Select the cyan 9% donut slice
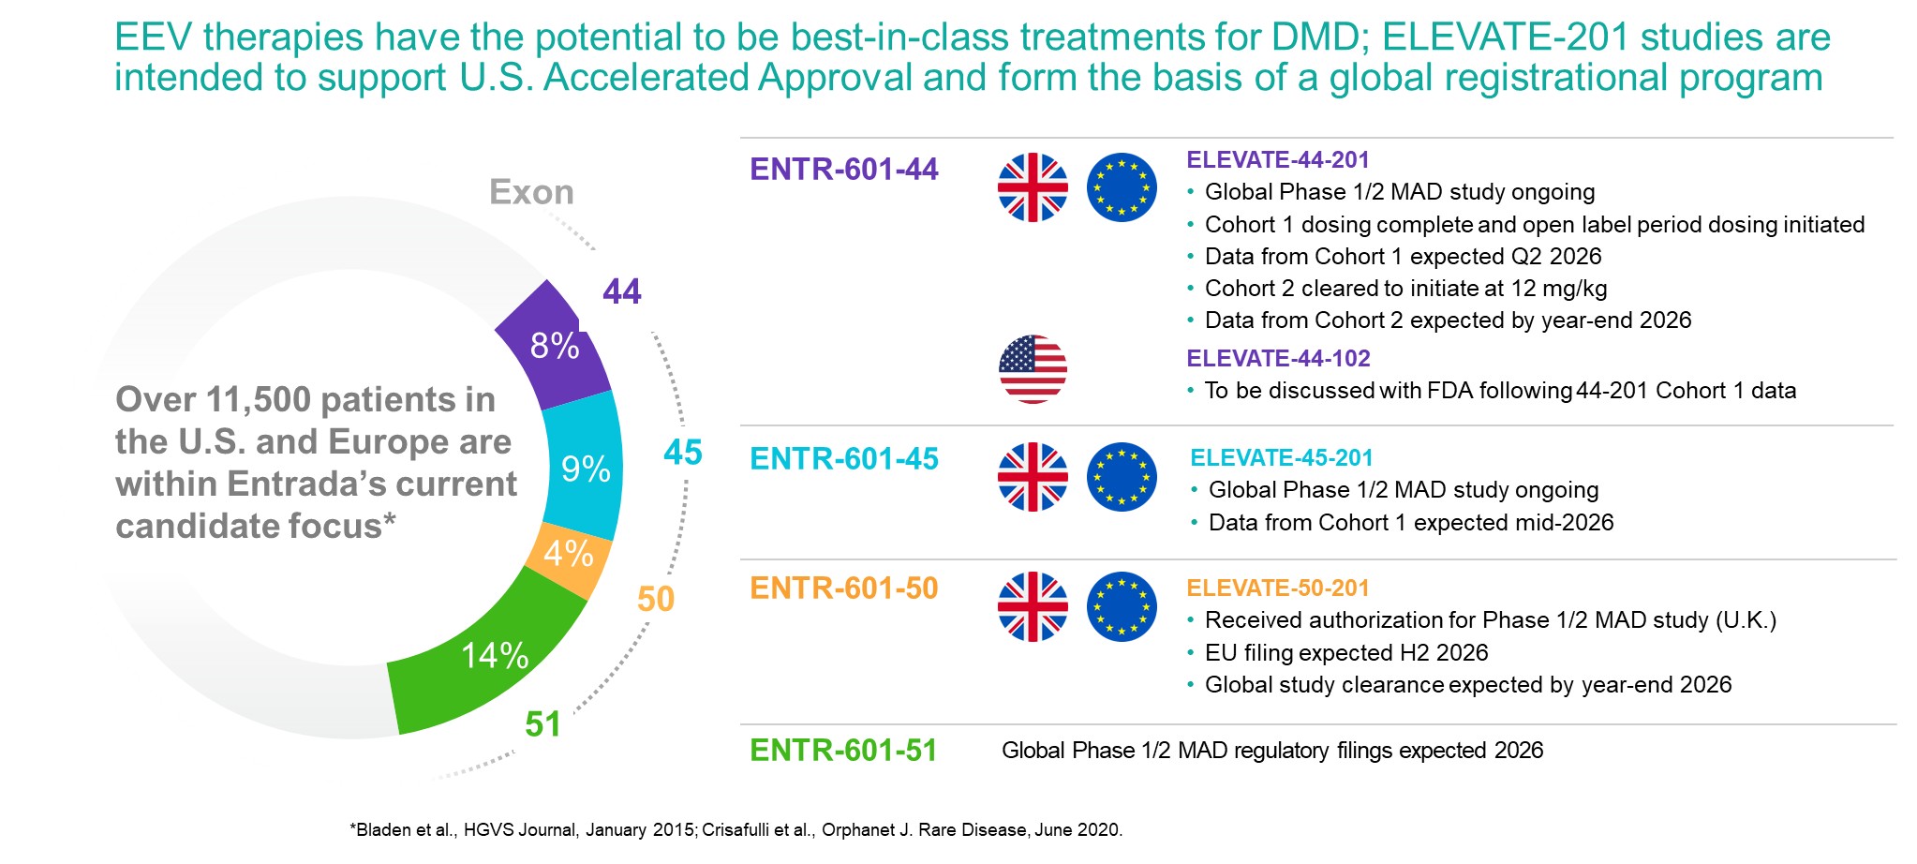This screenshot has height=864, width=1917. (x=584, y=468)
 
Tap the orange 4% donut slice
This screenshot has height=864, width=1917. (x=568, y=554)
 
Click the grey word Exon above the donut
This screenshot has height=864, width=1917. (x=531, y=192)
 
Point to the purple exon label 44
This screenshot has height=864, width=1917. (x=622, y=291)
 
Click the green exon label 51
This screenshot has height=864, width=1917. (x=542, y=723)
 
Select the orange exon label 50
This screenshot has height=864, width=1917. (x=656, y=599)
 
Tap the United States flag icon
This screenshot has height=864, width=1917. (x=1033, y=369)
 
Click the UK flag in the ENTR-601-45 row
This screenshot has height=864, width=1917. (x=1033, y=477)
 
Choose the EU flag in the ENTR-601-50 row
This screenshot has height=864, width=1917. (x=1122, y=606)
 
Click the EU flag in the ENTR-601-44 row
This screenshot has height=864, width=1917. (x=1122, y=187)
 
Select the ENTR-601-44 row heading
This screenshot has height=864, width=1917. (x=843, y=170)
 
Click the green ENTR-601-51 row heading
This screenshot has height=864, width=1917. (x=843, y=751)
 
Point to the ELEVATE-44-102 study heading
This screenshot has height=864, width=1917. (x=1278, y=359)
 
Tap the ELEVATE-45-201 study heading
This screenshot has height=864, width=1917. (x=1281, y=458)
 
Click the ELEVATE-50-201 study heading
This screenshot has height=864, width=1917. (x=1278, y=588)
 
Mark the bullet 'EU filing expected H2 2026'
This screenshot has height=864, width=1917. (x=1346, y=653)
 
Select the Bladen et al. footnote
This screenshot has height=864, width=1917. (x=736, y=830)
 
